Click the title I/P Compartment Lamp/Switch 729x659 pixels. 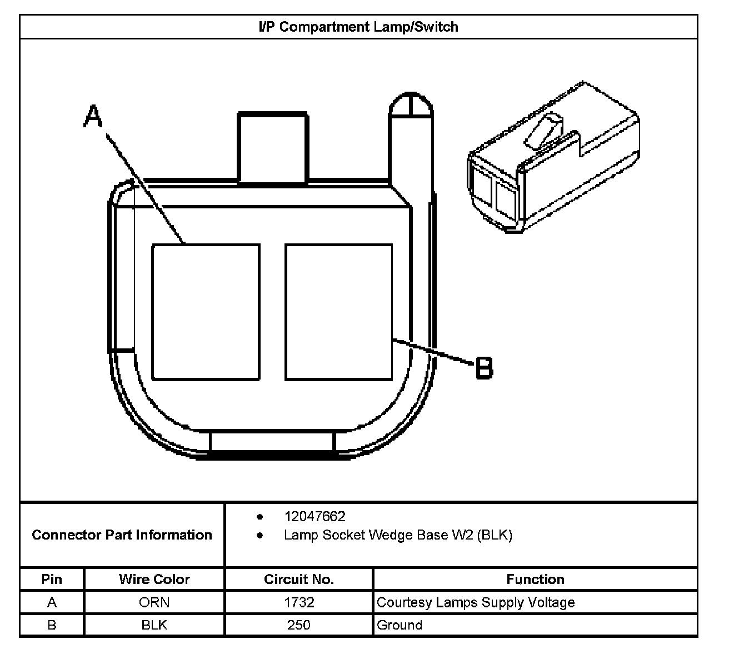pos(358,27)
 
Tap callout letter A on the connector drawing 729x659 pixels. pos(93,117)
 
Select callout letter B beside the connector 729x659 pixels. pos(484,368)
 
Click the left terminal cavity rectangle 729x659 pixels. pos(206,312)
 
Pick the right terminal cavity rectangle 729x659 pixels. pos(338,312)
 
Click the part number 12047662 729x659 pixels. pos(314,516)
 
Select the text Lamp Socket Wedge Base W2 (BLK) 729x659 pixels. pos(398,535)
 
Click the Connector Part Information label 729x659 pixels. pos(122,535)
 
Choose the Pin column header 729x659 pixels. pos(52,580)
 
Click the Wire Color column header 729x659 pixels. pos(154,580)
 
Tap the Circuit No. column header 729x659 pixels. pos(299,580)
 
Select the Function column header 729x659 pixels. pos(535,580)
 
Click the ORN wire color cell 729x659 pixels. pos(154,602)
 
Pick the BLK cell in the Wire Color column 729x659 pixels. pos(154,625)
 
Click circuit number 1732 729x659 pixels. pos(299,602)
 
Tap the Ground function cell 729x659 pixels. pos(400,625)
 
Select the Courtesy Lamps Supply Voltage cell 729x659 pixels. pos(476,602)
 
